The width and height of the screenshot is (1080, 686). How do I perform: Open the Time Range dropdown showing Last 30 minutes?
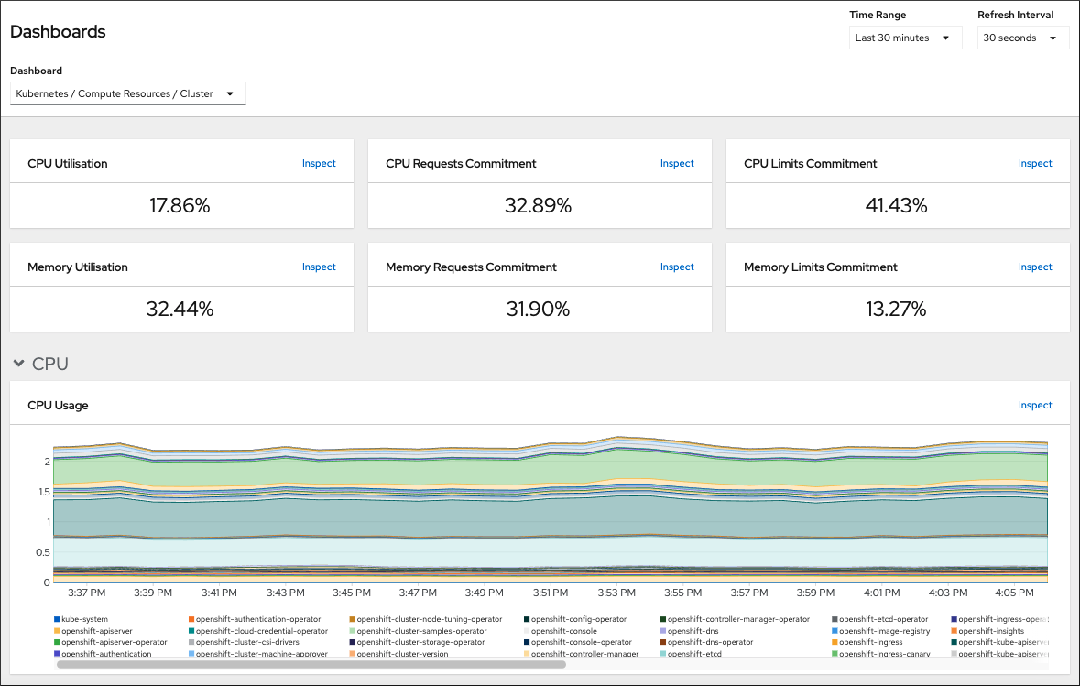click(x=905, y=38)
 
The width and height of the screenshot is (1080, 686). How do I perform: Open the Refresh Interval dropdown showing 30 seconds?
click(x=1022, y=38)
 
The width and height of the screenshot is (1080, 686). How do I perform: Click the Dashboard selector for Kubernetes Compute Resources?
click(x=127, y=93)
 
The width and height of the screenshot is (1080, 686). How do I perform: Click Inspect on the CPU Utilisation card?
click(x=319, y=163)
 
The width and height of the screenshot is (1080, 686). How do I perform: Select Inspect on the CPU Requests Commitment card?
click(x=677, y=163)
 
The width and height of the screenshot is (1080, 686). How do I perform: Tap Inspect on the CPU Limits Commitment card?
click(x=1035, y=163)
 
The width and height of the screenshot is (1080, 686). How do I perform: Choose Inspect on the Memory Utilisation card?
click(x=319, y=267)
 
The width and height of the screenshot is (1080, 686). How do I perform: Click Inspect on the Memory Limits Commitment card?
click(x=1035, y=267)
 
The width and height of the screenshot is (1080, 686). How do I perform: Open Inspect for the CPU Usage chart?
click(x=1035, y=405)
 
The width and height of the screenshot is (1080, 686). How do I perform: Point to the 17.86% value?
click(x=180, y=206)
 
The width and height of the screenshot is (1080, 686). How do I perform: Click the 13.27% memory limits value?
click(x=896, y=310)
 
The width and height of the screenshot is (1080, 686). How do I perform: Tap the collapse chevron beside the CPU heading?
click(x=18, y=364)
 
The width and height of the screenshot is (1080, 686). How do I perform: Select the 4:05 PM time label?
click(x=1014, y=593)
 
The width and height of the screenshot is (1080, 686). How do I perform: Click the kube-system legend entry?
click(x=83, y=620)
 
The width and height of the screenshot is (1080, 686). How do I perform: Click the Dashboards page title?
click(x=58, y=31)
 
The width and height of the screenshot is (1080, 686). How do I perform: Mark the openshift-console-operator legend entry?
click(x=581, y=643)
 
